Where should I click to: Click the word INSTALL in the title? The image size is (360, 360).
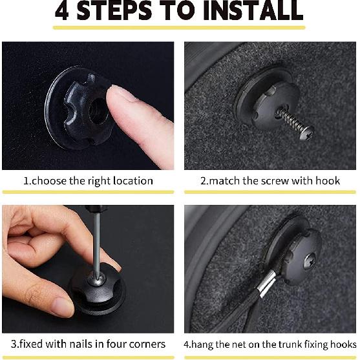pyautogui.click(x=253, y=10)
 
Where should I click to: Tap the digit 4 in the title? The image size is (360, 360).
pyautogui.click(x=62, y=10)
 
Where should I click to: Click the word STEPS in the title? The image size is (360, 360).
pyautogui.click(x=114, y=10)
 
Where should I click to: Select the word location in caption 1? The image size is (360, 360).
pyautogui.click(x=133, y=181)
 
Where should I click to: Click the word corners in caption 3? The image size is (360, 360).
pyautogui.click(x=147, y=344)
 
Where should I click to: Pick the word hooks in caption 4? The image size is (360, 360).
pyautogui.click(x=343, y=344)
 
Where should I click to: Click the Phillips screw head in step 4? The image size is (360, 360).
pyautogui.click(x=310, y=260)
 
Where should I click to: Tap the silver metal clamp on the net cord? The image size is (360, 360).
pyautogui.click(x=268, y=283)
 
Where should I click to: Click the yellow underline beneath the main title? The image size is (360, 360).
pyautogui.click(x=179, y=28)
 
